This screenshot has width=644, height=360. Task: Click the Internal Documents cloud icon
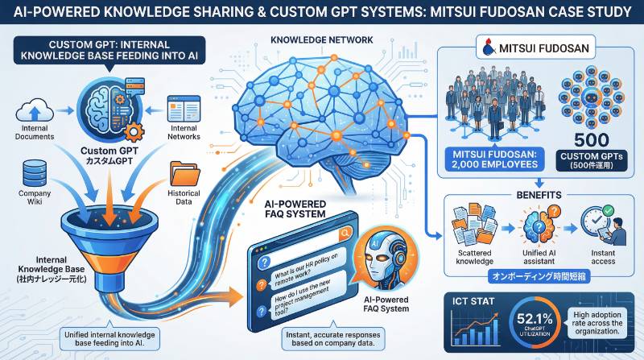click(x=35, y=109)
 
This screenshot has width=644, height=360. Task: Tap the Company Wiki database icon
click(x=34, y=172)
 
